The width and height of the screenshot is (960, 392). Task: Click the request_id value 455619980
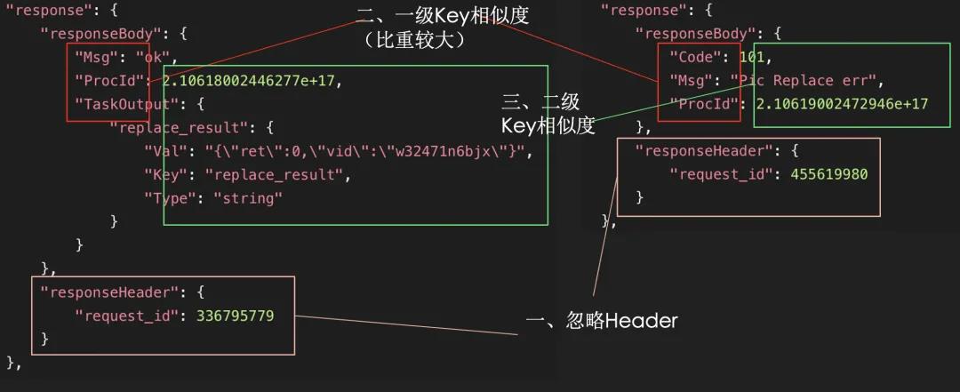(x=828, y=174)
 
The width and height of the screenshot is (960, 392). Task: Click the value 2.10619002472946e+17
(x=842, y=104)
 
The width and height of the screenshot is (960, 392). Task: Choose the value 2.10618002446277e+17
(x=252, y=81)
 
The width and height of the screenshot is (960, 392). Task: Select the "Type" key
(x=171, y=197)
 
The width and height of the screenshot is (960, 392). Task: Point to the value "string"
(x=248, y=197)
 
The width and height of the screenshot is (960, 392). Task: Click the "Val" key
(x=166, y=151)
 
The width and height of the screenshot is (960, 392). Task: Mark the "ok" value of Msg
(x=156, y=58)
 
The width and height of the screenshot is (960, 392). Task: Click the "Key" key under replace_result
(x=166, y=174)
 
